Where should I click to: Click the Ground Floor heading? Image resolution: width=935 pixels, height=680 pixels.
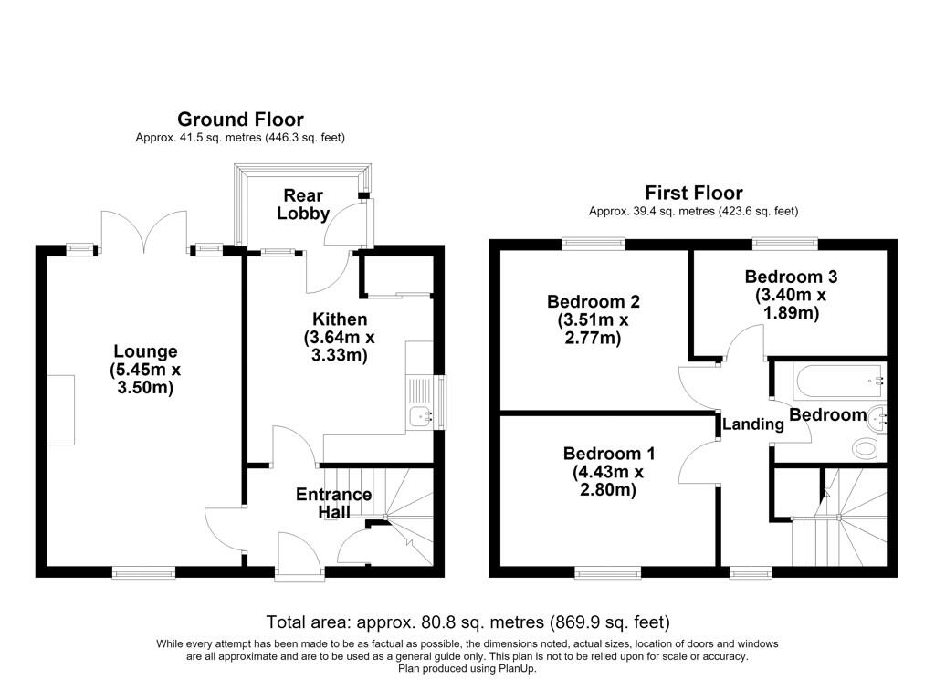coord(240,120)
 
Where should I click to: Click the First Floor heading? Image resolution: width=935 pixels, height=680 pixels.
coord(694,194)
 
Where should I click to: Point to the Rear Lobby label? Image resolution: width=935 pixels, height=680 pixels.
coord(303,204)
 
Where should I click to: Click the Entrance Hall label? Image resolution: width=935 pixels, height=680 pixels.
coord(334,503)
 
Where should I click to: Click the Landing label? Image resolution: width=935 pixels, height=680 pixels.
coord(752,424)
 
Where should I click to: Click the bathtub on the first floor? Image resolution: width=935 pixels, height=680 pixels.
coord(838,382)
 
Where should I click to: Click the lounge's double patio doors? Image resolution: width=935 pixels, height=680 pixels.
coord(143,233)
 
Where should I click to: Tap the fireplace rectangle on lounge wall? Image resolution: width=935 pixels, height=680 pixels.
coord(60,410)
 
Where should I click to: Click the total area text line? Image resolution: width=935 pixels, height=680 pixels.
coord(467,622)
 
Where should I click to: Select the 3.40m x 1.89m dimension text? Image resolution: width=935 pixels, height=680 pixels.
coord(791,304)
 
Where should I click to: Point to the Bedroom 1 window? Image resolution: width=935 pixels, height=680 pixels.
coord(607,573)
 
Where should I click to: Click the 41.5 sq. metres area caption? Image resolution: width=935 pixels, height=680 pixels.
coord(240,138)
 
